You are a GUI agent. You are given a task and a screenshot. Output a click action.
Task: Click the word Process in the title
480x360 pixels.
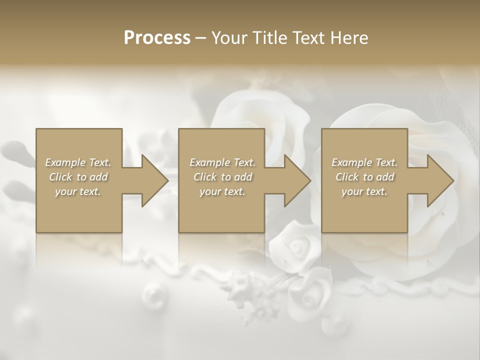pyautogui.click(x=157, y=37)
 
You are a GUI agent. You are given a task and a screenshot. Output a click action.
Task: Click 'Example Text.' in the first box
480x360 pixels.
pyautogui.click(x=78, y=162)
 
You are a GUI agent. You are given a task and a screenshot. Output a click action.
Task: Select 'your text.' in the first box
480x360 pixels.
pyautogui.click(x=78, y=191)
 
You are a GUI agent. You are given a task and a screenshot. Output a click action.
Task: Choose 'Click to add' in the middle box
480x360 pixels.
pyautogui.click(x=222, y=177)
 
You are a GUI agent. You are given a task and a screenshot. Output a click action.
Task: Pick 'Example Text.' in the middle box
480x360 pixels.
pyautogui.click(x=222, y=162)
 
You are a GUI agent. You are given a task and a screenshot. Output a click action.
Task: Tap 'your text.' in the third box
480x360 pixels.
pyautogui.click(x=364, y=191)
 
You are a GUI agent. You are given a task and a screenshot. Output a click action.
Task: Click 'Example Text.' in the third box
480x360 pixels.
pyautogui.click(x=364, y=162)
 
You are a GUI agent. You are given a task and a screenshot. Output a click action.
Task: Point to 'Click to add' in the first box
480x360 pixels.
pyautogui.click(x=78, y=177)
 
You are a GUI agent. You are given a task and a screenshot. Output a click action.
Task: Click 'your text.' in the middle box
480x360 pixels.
pyautogui.click(x=222, y=191)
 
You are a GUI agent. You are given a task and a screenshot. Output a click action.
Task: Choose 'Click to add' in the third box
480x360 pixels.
pyautogui.click(x=364, y=177)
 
